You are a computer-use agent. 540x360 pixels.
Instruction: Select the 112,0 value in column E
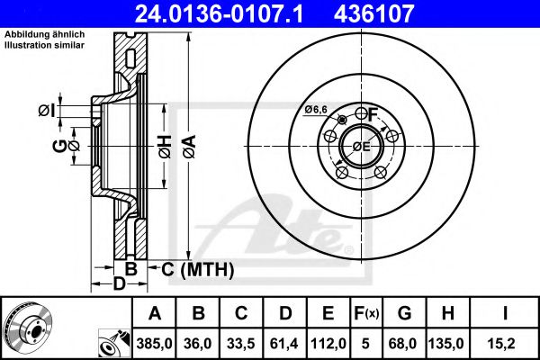(329, 342)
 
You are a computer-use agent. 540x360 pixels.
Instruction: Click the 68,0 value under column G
(405, 342)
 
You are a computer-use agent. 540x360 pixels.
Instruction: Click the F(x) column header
(367, 314)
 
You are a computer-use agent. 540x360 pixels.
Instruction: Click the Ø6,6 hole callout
(315, 110)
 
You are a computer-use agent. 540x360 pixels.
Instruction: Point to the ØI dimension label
(47, 111)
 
